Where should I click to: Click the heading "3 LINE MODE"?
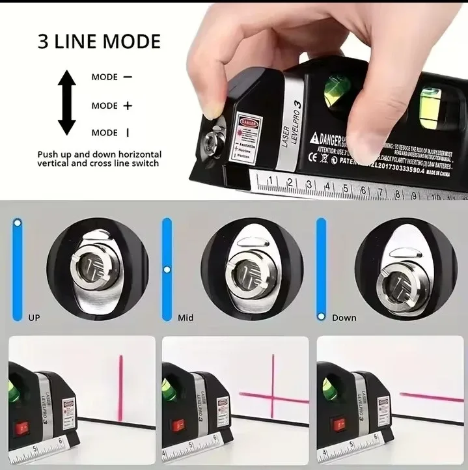click(99, 42)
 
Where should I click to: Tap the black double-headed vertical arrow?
click(67, 104)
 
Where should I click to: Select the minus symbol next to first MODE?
click(127, 77)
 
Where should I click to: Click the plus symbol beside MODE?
click(128, 105)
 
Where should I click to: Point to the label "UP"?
click(34, 318)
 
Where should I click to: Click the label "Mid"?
click(186, 318)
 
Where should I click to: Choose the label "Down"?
click(344, 318)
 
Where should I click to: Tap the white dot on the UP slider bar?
click(18, 223)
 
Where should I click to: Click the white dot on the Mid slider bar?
click(167, 268)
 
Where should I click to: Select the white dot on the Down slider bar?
click(320, 316)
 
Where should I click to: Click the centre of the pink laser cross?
click(272, 394)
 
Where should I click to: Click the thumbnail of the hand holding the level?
click(325, 98)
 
